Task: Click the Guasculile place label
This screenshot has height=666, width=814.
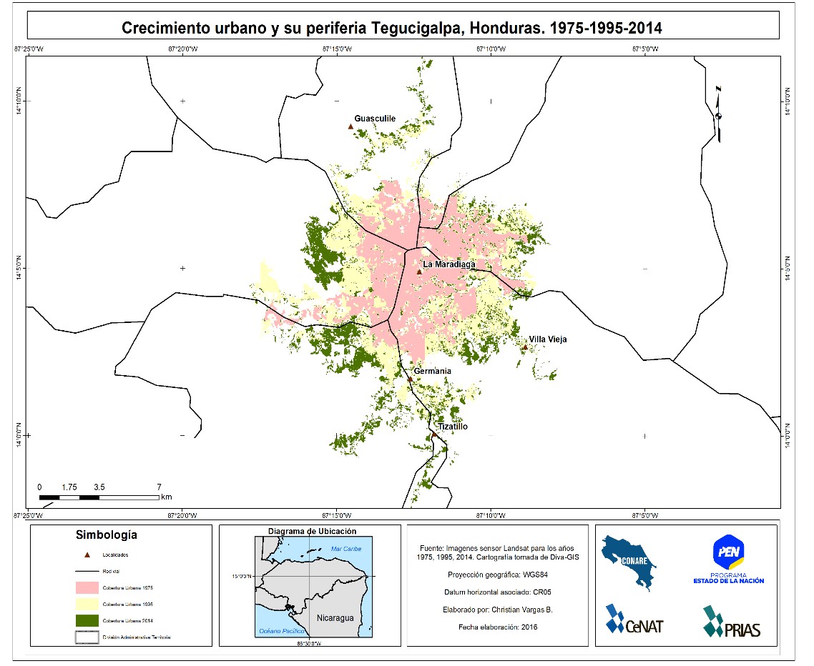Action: coord(375,119)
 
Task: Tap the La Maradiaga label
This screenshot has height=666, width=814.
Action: coord(448,264)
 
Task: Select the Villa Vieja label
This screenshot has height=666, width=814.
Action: coord(547,339)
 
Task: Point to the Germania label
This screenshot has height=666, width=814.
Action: coord(432,371)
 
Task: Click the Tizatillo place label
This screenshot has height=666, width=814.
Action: coord(452,427)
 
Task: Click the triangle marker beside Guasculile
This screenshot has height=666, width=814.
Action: coord(350,126)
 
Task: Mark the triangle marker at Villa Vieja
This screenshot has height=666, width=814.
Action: coord(524,347)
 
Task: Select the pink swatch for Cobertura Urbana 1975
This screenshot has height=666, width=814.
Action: coord(87,587)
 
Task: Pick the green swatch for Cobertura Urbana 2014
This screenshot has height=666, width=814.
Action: coord(87,620)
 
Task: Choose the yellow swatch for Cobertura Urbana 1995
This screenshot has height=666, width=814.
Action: coord(87,604)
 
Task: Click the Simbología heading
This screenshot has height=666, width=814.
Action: coord(107,535)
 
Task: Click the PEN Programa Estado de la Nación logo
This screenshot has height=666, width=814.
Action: coord(727,559)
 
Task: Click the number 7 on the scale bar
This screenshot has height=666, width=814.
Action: coord(159,486)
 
